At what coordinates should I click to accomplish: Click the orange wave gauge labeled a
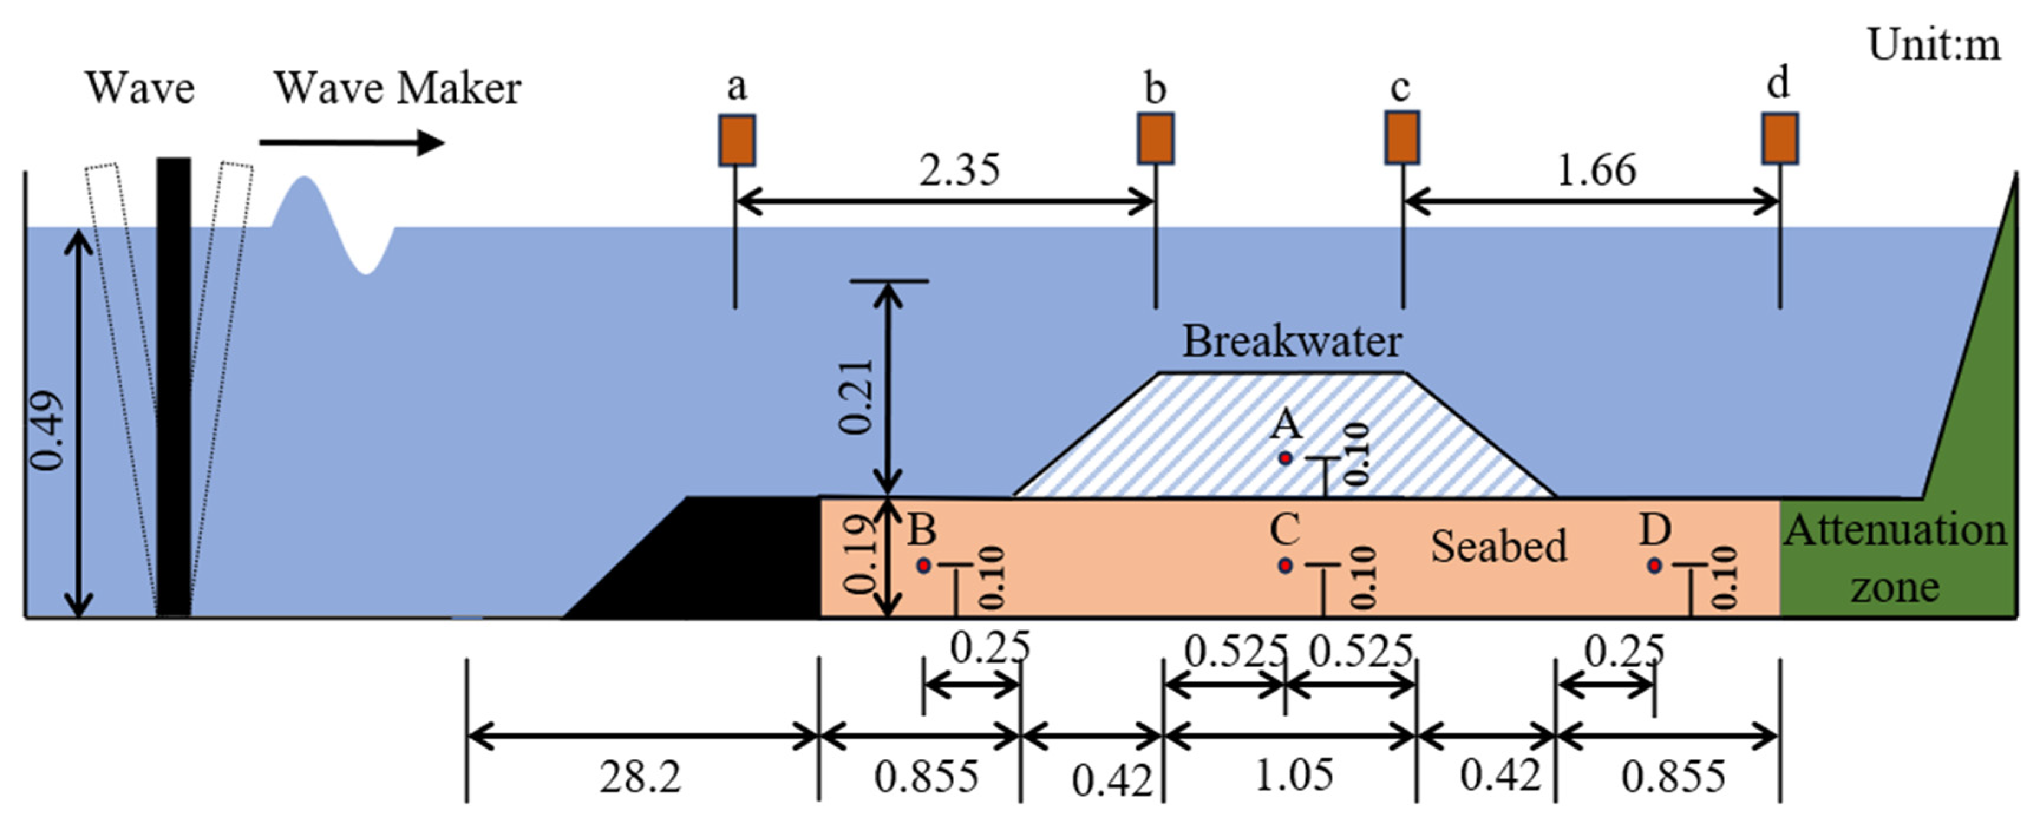pyautogui.click(x=737, y=140)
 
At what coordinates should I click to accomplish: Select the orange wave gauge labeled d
pyautogui.click(x=1780, y=139)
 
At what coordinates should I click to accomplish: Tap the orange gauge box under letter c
pyautogui.click(x=1402, y=138)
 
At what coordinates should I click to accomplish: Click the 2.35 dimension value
pyautogui.click(x=959, y=170)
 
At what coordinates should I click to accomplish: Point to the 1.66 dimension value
pyautogui.click(x=1596, y=170)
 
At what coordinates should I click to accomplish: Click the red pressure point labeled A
pyautogui.click(x=1285, y=458)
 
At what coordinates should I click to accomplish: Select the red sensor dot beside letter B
pyautogui.click(x=923, y=565)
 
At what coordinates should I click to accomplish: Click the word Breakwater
pyautogui.click(x=1292, y=342)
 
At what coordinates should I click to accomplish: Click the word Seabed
pyautogui.click(x=1498, y=546)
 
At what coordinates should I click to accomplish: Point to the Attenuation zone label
pyautogui.click(x=1895, y=558)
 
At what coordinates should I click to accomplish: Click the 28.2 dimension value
pyautogui.click(x=640, y=777)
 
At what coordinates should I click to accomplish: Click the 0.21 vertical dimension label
pyautogui.click(x=856, y=396)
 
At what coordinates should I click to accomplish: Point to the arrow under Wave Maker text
pyautogui.click(x=352, y=143)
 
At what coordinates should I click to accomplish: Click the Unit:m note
pyautogui.click(x=1933, y=45)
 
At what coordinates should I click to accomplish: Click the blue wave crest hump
pyautogui.click(x=304, y=202)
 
